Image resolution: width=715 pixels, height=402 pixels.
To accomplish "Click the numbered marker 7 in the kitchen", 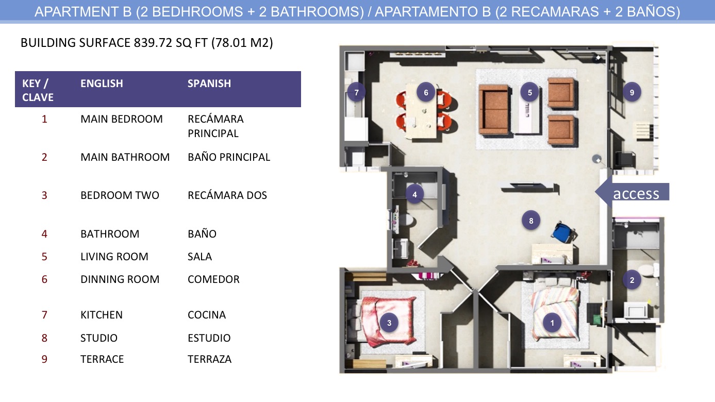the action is (357, 93).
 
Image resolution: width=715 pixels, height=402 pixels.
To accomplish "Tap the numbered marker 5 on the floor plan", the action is (530, 93).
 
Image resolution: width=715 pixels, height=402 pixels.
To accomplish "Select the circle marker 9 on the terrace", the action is (632, 93).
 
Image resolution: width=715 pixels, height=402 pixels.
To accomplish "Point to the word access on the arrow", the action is (636, 194).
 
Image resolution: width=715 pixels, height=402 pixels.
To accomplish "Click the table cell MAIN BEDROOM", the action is (122, 119).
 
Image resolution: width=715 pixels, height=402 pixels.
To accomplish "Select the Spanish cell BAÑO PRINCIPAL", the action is (229, 157).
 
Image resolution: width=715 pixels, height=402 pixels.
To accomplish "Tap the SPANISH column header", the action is (209, 83).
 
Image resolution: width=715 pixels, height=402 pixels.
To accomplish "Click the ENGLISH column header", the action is (102, 83).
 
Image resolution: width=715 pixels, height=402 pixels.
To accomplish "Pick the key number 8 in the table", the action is (44, 338).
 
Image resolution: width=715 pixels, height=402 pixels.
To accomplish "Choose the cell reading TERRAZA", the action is (209, 359).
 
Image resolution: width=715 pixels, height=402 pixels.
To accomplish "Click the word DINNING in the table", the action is (102, 279).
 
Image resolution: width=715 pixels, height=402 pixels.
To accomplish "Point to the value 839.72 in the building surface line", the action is (153, 43).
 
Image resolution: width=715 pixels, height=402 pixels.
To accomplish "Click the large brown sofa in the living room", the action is (494, 110).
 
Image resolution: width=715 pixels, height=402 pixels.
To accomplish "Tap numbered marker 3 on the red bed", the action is (389, 323).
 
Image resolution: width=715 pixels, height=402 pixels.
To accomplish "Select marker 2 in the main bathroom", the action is (632, 280).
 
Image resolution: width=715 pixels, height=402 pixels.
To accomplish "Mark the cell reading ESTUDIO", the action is (209, 338).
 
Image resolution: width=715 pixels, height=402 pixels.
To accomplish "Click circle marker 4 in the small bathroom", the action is (414, 194).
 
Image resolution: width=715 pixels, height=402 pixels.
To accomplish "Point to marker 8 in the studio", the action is (531, 221).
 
